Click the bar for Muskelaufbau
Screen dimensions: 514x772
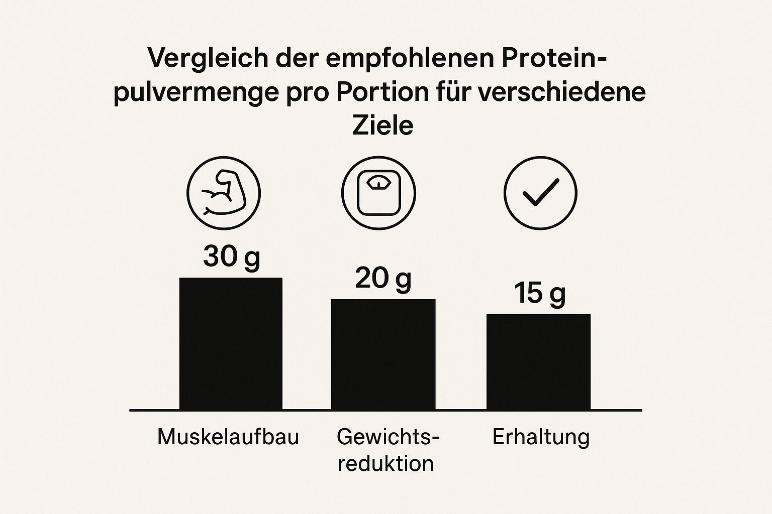(x=231, y=344)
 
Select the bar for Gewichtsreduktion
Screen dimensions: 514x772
(x=383, y=354)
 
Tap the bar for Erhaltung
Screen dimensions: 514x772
(x=538, y=362)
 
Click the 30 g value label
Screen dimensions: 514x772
(x=232, y=256)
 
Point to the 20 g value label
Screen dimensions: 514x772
(x=383, y=278)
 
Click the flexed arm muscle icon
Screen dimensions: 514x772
(x=224, y=193)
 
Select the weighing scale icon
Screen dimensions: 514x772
(x=378, y=193)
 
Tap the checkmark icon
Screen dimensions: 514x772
(x=540, y=193)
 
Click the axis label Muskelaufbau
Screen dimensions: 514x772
(x=228, y=437)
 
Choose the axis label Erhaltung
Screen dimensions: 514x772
(x=541, y=437)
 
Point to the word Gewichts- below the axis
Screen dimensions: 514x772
(x=388, y=437)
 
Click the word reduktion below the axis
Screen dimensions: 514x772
(x=385, y=463)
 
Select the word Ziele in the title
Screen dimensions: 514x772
(x=382, y=125)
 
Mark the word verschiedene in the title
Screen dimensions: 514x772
(x=561, y=92)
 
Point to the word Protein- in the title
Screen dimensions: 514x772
(x=554, y=59)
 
